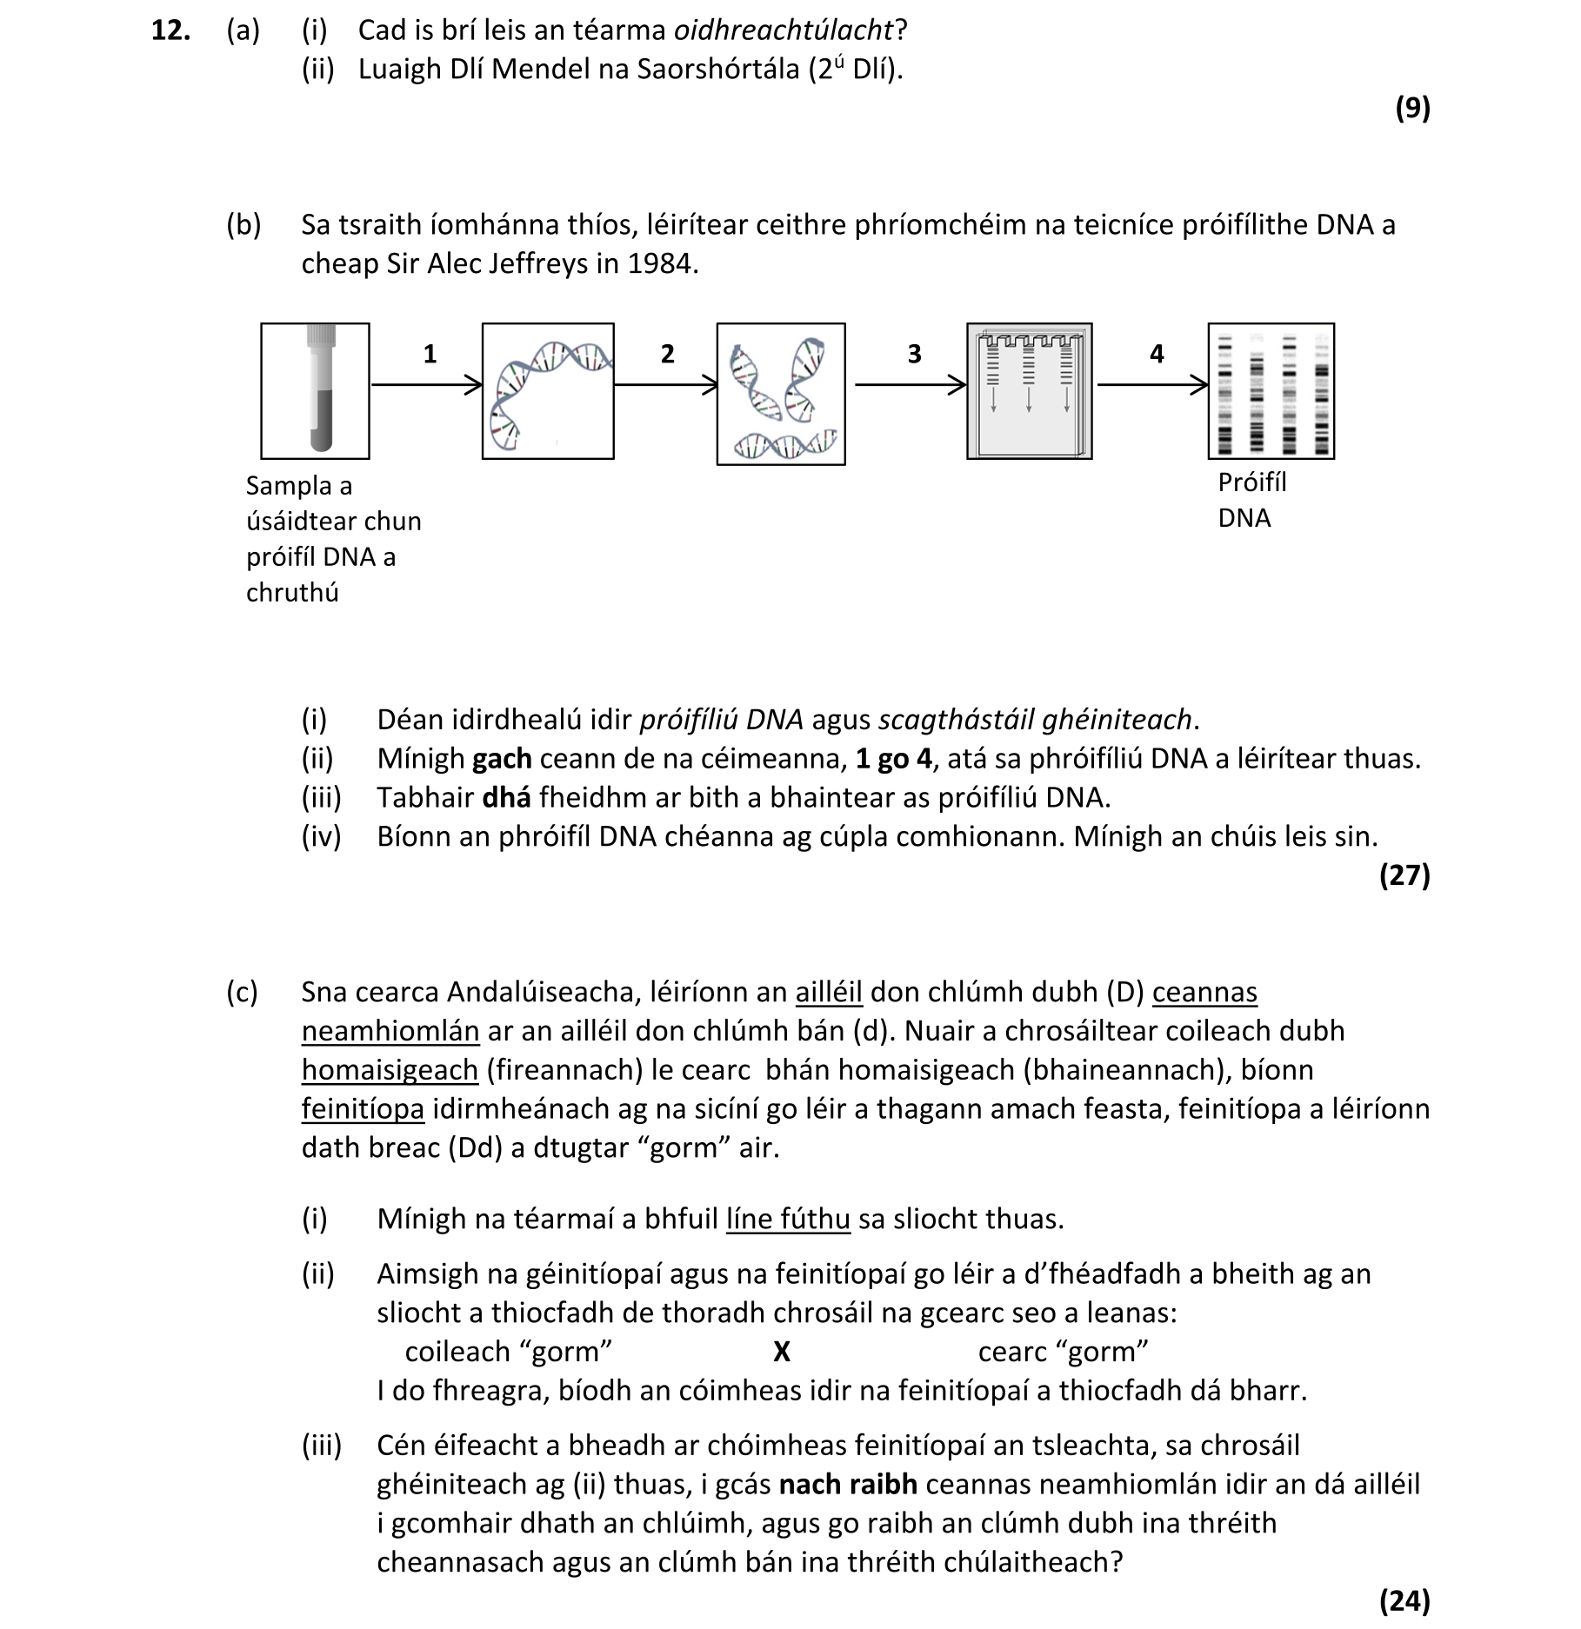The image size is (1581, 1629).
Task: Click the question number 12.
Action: (x=170, y=31)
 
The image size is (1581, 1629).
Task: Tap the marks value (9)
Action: (x=1411, y=108)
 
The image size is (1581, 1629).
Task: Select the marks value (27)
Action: (x=1404, y=875)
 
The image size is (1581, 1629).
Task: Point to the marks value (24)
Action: (x=1404, y=1600)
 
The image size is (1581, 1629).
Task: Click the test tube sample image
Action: (x=315, y=390)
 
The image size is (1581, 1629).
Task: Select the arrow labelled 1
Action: (x=426, y=384)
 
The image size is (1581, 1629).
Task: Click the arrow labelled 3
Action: (x=910, y=384)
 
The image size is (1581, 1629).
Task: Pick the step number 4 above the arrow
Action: (x=1156, y=354)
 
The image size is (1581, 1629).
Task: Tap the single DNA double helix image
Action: (x=548, y=390)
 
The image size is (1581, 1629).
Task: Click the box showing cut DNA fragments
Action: (x=781, y=394)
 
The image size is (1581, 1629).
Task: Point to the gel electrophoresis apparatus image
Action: (x=1029, y=390)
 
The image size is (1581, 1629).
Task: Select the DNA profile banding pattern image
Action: (x=1271, y=390)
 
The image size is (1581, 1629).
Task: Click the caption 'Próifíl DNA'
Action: (x=1251, y=500)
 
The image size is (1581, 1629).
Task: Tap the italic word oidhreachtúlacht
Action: (x=784, y=31)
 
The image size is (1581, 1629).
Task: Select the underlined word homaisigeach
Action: (x=390, y=1070)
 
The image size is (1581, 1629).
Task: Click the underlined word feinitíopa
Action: (x=363, y=1109)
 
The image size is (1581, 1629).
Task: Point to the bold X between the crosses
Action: (x=781, y=1352)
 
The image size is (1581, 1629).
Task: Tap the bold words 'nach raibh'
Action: (x=847, y=1484)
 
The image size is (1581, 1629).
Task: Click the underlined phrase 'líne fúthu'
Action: (x=788, y=1219)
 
